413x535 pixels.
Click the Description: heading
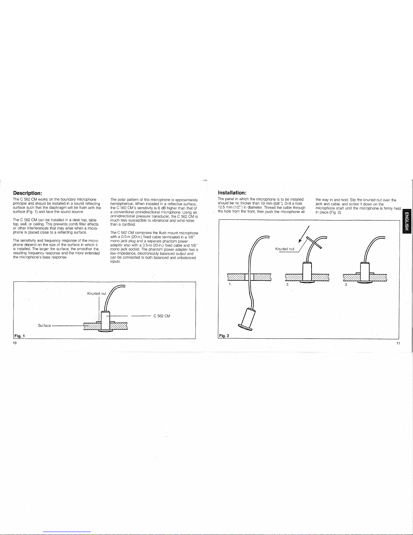pos(28,193)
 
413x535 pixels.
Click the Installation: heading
pos(232,192)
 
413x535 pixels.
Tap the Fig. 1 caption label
pos(20,336)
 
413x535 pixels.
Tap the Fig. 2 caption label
pos(224,336)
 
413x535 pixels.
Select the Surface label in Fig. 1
pos(44,325)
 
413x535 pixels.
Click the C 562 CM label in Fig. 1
pos(162,316)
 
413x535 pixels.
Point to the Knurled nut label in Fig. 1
pos(97,293)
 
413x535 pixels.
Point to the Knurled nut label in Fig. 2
pos(285,249)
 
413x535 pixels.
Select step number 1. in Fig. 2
pos(230,284)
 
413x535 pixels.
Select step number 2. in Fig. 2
pos(288,284)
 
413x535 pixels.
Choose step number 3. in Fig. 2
pos(346,285)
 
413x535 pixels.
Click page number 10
pos(15,343)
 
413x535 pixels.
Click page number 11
pos(398,343)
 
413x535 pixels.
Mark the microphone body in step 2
pos(307,272)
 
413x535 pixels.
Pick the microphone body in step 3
pos(365,272)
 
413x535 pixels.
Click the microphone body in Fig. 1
pos(106,321)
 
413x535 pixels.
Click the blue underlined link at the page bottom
pos(67,532)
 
